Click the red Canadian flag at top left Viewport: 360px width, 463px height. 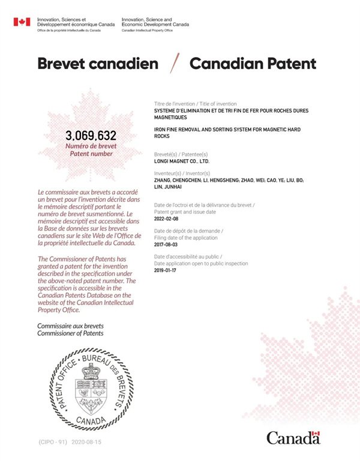tap(22, 22)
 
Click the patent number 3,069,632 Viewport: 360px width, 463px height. tap(91, 135)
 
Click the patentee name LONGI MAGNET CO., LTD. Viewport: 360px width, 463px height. tap(181, 161)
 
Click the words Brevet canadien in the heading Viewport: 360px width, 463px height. tap(98, 64)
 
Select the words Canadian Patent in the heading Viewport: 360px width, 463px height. tap(253, 64)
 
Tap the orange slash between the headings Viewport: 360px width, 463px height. tap(175, 63)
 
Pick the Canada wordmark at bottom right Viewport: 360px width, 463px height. tap(293, 438)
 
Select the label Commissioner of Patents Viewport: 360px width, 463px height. tap(70, 333)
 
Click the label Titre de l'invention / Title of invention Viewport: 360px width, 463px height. tap(195, 104)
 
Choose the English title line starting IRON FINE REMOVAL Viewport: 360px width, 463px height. tap(227, 130)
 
